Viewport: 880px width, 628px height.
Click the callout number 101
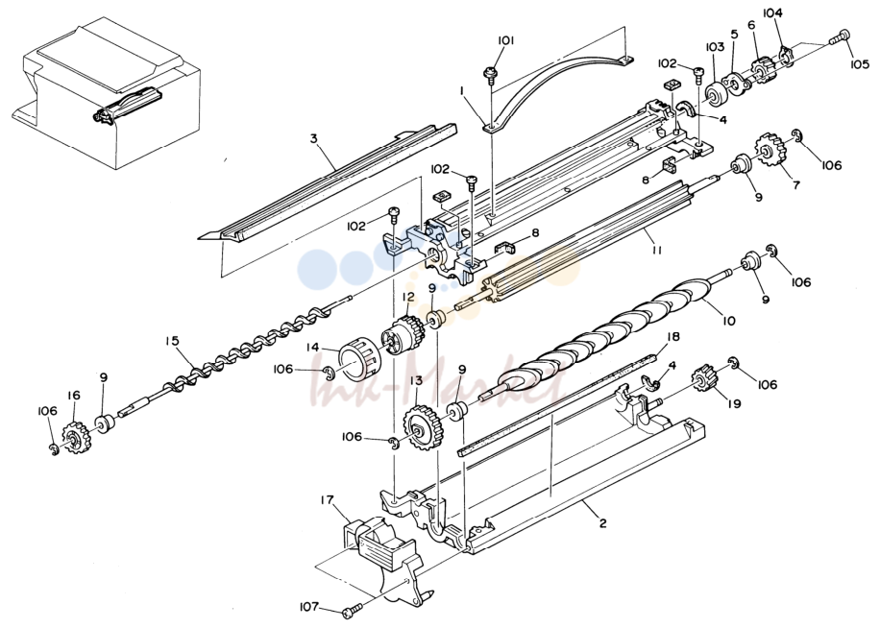coord(505,40)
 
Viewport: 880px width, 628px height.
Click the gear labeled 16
coord(72,436)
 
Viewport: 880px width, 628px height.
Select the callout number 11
coord(656,250)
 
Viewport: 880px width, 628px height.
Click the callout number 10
coord(728,322)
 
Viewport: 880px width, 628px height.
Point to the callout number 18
coord(672,336)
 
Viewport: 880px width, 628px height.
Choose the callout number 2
coord(602,523)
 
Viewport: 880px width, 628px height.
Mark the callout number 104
coord(772,12)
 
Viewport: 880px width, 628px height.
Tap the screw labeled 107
coord(353,608)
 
